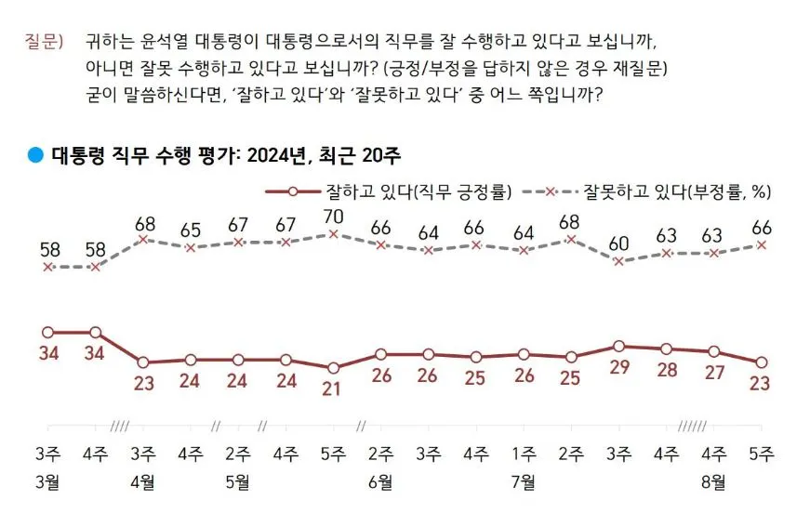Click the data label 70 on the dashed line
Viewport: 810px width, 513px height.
(x=332, y=217)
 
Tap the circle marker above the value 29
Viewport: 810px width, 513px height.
(x=618, y=346)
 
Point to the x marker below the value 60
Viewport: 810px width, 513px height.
(x=618, y=261)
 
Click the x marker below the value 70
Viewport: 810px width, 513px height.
(x=332, y=234)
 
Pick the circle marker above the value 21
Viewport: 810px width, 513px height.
(x=332, y=367)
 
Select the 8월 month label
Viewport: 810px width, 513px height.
(x=713, y=481)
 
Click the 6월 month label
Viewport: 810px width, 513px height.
(x=379, y=481)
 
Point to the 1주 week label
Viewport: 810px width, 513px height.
(x=523, y=454)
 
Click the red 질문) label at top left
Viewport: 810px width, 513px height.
(x=43, y=44)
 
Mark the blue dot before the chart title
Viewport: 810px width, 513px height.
(x=35, y=155)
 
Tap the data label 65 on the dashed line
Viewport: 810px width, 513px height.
(x=190, y=230)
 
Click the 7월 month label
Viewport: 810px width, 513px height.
(x=523, y=481)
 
